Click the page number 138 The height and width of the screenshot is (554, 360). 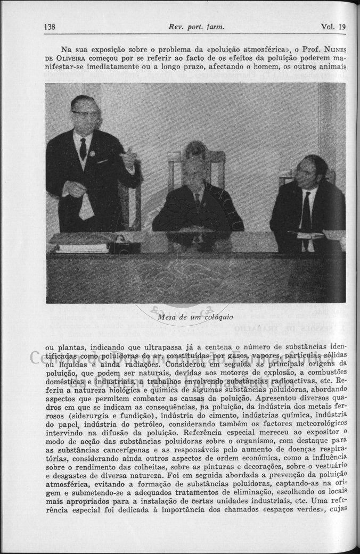(x=51, y=27)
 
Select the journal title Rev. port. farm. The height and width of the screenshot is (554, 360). (x=196, y=27)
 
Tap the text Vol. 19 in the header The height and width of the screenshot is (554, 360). (x=333, y=27)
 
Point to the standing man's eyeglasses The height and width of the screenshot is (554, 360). (x=85, y=113)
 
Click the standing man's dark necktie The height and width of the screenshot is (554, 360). (x=83, y=148)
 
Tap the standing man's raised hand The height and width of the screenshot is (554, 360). (x=128, y=157)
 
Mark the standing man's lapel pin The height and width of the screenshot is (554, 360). (x=92, y=153)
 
